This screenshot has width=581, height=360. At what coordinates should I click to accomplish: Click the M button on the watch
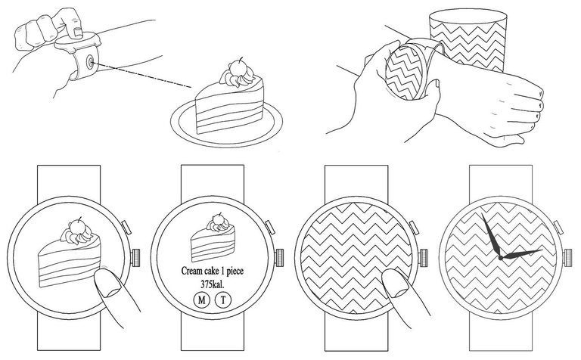(201, 300)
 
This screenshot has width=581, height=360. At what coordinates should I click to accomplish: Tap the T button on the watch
(223, 300)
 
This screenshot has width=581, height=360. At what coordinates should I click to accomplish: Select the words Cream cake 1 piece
(213, 271)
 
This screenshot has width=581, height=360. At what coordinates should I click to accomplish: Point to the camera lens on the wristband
(91, 62)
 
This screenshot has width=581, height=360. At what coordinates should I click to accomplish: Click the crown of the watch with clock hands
(567, 257)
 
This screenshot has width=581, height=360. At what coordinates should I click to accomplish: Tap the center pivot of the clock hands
(501, 257)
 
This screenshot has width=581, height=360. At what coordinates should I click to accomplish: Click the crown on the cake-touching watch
(135, 257)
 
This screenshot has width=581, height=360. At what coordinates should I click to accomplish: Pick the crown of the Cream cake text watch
(279, 257)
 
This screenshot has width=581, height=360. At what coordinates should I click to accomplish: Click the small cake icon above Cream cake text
(213, 236)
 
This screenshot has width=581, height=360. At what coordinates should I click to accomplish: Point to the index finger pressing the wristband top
(70, 21)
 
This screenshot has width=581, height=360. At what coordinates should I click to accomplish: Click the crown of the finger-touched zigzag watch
(423, 257)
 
